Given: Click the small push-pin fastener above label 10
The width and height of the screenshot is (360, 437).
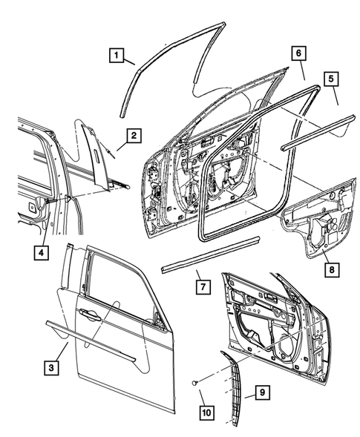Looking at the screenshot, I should (194, 383).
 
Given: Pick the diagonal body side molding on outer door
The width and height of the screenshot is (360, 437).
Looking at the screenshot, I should (93, 339).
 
